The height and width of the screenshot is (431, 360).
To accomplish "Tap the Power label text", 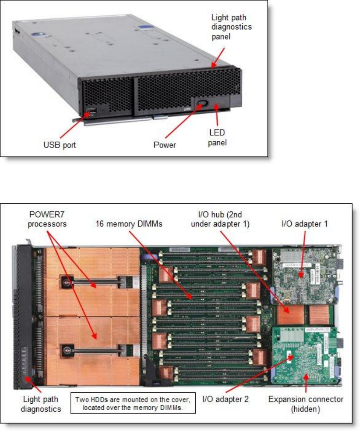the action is [x=165, y=145].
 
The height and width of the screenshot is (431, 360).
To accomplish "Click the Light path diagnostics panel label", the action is [x=232, y=27].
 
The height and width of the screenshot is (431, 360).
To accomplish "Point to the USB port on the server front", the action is [x=90, y=113].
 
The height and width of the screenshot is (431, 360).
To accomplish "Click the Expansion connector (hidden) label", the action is [x=305, y=404].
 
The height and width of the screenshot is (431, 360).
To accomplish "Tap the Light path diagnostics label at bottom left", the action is [x=41, y=404].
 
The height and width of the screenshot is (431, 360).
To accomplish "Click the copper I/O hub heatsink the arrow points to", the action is [x=290, y=315].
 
